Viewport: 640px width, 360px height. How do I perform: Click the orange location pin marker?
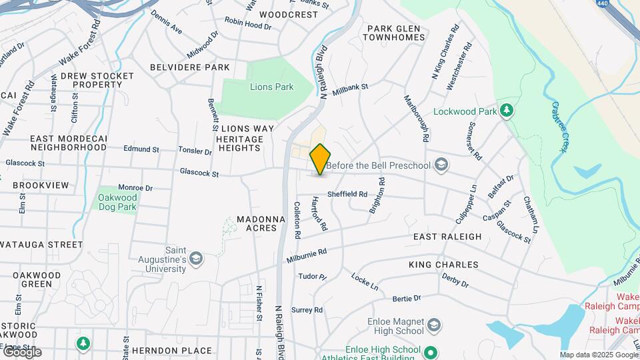pyautogui.click(x=321, y=159)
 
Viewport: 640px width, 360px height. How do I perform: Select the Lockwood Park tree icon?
pyautogui.click(x=507, y=111)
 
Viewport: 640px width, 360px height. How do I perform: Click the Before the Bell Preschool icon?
pyautogui.click(x=440, y=165)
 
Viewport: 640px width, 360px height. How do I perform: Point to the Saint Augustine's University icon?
pyautogui.click(x=196, y=258)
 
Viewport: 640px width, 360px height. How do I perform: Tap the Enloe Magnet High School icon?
pyautogui.click(x=433, y=325)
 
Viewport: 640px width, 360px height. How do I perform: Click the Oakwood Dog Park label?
pyautogui.click(x=117, y=202)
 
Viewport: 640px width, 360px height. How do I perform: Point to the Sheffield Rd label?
pyautogui.click(x=347, y=195)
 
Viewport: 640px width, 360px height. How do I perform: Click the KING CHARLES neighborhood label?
pyautogui.click(x=443, y=265)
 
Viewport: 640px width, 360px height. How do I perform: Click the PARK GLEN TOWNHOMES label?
pyautogui.click(x=394, y=33)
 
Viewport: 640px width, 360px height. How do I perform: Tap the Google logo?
pyautogui.click(x=22, y=351)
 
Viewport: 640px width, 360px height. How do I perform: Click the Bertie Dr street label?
pyautogui.click(x=407, y=298)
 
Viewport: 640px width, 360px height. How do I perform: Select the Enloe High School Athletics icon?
pyautogui.click(x=431, y=351)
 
